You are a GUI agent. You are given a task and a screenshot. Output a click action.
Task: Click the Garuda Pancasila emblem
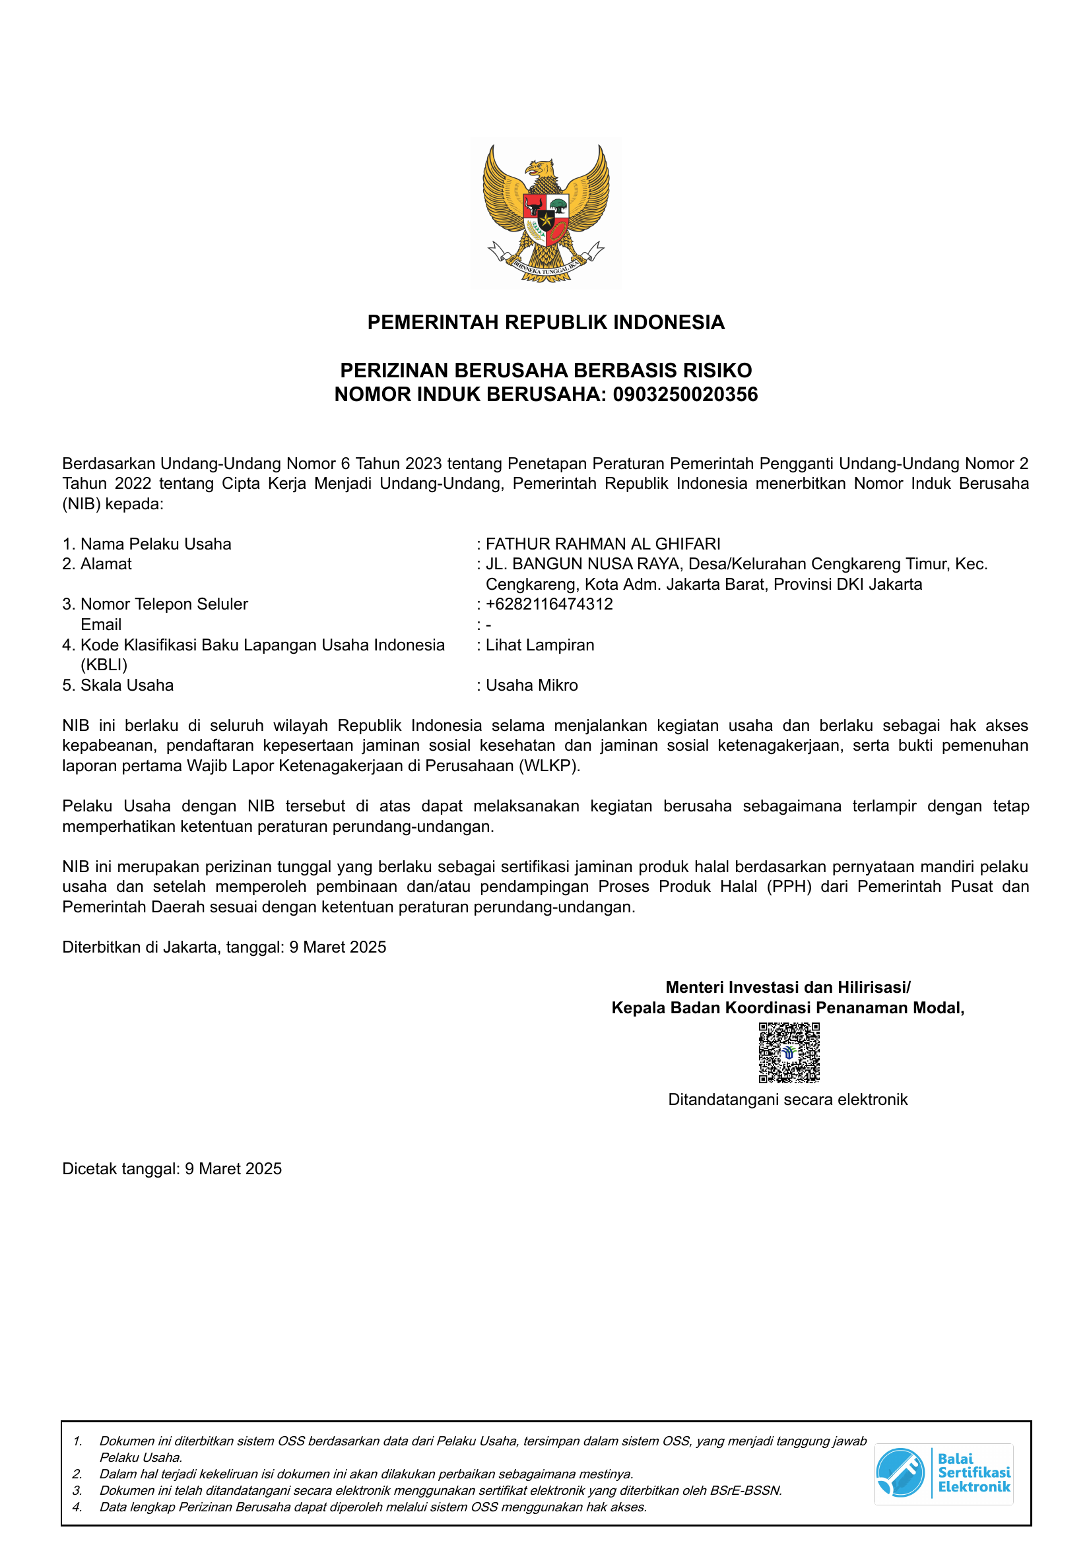pyautogui.click(x=546, y=214)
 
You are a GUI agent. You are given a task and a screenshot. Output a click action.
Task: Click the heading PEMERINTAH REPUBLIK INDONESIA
pyautogui.click(x=546, y=323)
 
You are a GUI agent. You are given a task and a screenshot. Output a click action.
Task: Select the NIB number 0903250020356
pyautogui.click(x=685, y=394)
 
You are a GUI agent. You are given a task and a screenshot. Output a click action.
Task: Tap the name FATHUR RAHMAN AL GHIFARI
pyautogui.click(x=603, y=544)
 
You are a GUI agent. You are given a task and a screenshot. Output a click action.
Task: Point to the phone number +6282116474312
pyautogui.click(x=549, y=604)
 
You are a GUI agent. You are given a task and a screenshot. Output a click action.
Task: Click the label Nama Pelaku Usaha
pyautogui.click(x=155, y=544)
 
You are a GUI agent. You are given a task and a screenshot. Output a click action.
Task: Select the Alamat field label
pyautogui.click(x=106, y=564)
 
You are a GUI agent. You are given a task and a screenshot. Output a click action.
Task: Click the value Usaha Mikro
pyautogui.click(x=532, y=685)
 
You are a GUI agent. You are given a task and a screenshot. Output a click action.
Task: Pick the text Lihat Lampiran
pyautogui.click(x=540, y=645)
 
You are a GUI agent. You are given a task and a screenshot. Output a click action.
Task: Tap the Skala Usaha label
pyautogui.click(x=126, y=685)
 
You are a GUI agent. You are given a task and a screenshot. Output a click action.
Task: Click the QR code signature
pyautogui.click(x=789, y=1052)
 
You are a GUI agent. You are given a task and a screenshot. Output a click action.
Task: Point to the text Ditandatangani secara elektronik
pyautogui.click(x=788, y=1100)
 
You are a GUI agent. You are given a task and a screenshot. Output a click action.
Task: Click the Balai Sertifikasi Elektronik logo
pyautogui.click(x=944, y=1474)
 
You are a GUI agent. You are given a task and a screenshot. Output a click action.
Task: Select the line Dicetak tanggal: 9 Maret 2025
pyautogui.click(x=172, y=1169)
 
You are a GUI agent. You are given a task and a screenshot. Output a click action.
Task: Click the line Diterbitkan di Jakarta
pyautogui.click(x=224, y=947)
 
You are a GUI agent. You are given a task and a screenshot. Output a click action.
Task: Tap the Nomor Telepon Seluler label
pyautogui.click(x=164, y=604)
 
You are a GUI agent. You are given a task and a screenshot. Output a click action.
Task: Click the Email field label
pyautogui.click(x=101, y=624)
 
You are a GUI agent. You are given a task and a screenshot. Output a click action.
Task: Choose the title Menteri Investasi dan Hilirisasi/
pyautogui.click(x=788, y=988)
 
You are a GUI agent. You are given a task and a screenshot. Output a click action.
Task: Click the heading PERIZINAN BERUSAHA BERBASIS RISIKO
pyautogui.click(x=546, y=370)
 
